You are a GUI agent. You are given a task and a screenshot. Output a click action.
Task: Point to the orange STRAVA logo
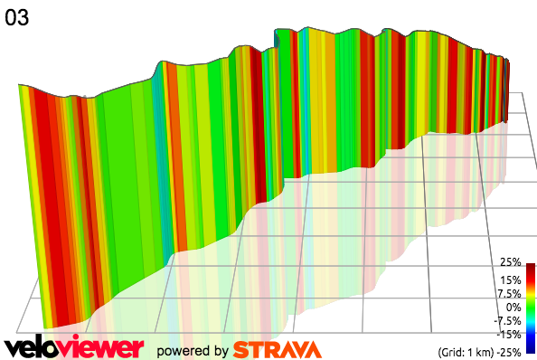click(276, 349)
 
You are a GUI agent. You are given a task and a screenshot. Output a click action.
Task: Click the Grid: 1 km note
click(462, 351)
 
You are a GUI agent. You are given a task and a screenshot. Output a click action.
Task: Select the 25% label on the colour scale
click(510, 261)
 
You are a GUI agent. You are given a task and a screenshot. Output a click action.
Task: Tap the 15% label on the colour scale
click(510, 279)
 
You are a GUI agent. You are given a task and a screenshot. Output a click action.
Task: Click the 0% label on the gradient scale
click(513, 307)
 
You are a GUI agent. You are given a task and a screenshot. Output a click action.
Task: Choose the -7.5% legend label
click(505, 320)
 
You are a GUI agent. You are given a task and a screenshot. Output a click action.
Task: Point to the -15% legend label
click(508, 334)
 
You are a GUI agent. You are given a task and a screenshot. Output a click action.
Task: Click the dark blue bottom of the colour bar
click(531, 346)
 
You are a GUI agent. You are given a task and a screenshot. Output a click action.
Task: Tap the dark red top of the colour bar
click(531, 267)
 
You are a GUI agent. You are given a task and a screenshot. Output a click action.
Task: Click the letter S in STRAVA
click(241, 349)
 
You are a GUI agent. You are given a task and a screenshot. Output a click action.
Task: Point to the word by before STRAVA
click(218, 351)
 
